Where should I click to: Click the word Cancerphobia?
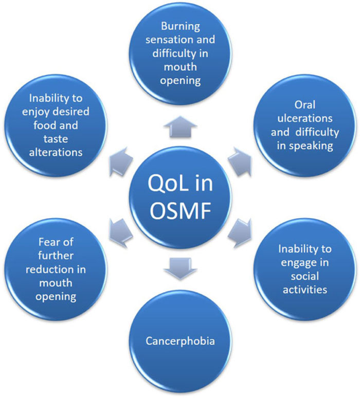(180, 340)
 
